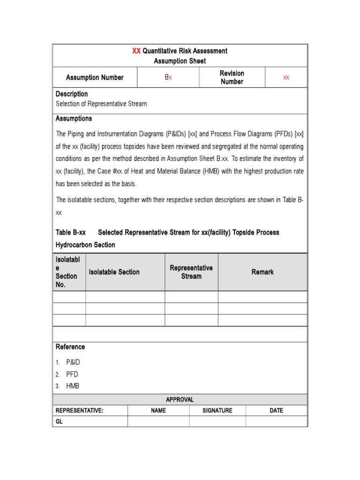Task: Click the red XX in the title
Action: point(136,51)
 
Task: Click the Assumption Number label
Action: point(95,77)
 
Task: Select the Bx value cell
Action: point(168,77)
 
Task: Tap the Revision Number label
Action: point(232,77)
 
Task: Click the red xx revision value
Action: point(286,77)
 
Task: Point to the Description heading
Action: point(72,94)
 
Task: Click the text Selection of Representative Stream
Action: point(101,104)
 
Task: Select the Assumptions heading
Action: point(74,119)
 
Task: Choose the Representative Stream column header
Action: point(191,272)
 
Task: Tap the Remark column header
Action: point(262,272)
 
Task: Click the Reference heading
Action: point(70,347)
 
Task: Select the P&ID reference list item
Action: point(73,362)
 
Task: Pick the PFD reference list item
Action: point(72,375)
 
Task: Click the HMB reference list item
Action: point(73,386)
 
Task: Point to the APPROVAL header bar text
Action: point(180,400)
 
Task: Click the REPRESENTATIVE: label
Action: point(80,411)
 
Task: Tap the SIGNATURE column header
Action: point(217,411)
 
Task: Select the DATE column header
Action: point(276,411)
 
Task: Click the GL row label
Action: point(59,422)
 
